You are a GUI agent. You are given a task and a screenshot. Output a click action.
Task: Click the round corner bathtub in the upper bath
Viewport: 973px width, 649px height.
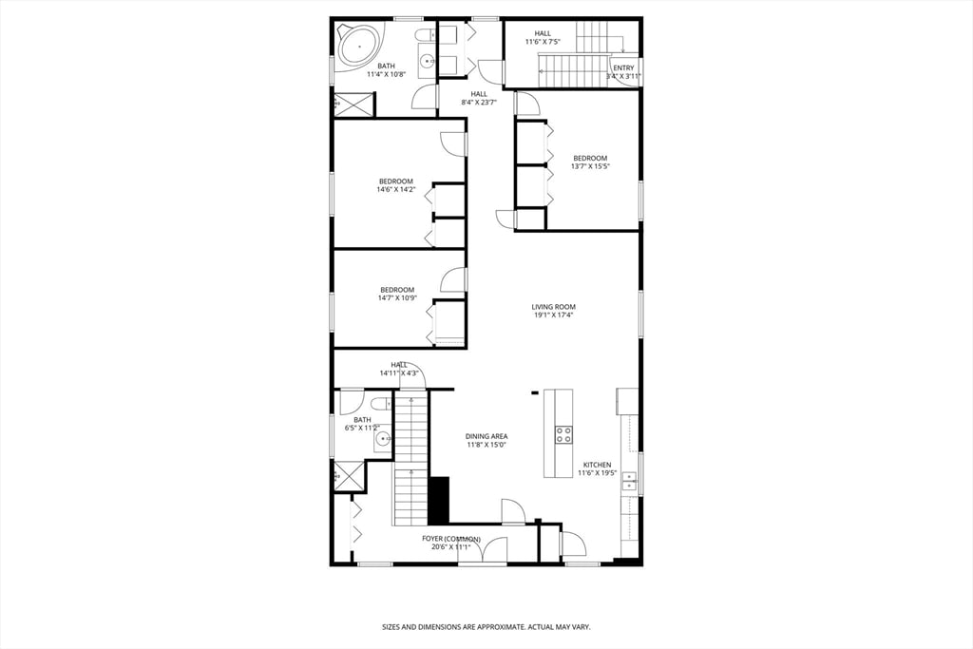click(x=360, y=42)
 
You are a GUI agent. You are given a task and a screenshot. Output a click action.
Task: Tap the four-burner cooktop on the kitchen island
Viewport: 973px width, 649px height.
click(x=564, y=434)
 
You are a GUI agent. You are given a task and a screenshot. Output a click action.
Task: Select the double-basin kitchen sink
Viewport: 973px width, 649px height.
click(x=629, y=483)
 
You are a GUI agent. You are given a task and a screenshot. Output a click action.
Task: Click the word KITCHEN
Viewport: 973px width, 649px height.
click(x=597, y=465)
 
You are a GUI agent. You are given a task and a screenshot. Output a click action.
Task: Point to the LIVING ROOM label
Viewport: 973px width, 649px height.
click(x=553, y=307)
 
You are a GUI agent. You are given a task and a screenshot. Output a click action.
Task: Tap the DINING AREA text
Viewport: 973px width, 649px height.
click(x=486, y=436)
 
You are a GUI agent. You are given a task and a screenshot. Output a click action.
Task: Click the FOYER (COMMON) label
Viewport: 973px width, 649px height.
click(x=451, y=539)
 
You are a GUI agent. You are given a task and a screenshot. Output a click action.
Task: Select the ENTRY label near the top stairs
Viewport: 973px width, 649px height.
click(x=623, y=67)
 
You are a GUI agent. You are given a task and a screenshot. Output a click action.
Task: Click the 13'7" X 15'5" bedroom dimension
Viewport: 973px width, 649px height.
click(x=589, y=166)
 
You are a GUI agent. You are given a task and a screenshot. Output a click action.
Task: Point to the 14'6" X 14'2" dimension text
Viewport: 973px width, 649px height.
click(x=396, y=189)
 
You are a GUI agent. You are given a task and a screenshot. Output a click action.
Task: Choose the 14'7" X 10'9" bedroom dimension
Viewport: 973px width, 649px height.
click(x=397, y=297)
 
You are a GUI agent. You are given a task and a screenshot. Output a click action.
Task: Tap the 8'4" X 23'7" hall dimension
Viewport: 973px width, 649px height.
click(x=479, y=102)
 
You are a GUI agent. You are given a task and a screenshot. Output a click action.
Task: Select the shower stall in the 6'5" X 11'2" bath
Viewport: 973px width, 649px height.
click(x=349, y=475)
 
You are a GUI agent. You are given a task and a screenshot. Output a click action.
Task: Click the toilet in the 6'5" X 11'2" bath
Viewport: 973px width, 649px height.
click(x=378, y=405)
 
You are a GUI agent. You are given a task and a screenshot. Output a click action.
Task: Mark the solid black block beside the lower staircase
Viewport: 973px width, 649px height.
click(x=438, y=500)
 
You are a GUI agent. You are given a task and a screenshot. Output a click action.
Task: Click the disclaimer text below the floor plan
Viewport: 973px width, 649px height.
click(x=486, y=627)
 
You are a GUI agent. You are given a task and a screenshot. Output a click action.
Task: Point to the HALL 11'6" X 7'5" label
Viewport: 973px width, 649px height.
click(x=542, y=37)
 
